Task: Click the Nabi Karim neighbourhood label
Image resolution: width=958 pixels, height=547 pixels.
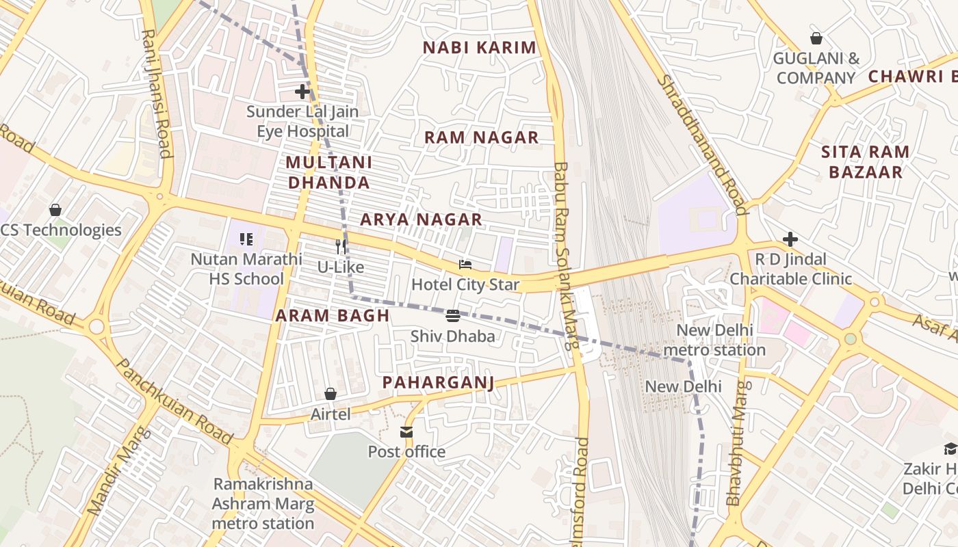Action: (479, 48)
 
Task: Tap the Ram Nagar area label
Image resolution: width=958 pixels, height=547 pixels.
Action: (481, 137)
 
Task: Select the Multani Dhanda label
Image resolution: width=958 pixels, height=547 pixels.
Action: (328, 172)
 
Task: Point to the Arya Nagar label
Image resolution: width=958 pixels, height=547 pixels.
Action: (421, 219)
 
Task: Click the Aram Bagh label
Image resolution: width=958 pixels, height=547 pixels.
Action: (332, 315)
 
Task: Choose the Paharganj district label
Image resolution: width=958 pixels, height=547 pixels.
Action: (438, 382)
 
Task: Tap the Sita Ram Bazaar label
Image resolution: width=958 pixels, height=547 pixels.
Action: (865, 161)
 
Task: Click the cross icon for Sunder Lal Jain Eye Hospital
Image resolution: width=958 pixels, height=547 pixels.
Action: (302, 91)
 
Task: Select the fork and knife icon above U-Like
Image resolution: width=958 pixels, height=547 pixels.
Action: (341, 246)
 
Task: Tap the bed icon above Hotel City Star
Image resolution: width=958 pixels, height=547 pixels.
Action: (465, 265)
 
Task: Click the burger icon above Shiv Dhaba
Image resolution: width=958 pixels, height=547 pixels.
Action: (452, 316)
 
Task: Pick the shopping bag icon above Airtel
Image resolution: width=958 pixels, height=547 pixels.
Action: (331, 394)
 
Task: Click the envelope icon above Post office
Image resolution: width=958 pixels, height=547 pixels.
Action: (406, 431)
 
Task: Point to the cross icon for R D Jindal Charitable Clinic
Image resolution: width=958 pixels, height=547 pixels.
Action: (790, 239)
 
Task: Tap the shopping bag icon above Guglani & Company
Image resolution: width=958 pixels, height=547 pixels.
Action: (816, 38)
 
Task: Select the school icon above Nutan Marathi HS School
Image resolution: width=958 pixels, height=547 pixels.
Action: (246, 239)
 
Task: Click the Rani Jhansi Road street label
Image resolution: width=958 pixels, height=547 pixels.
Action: (156, 92)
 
